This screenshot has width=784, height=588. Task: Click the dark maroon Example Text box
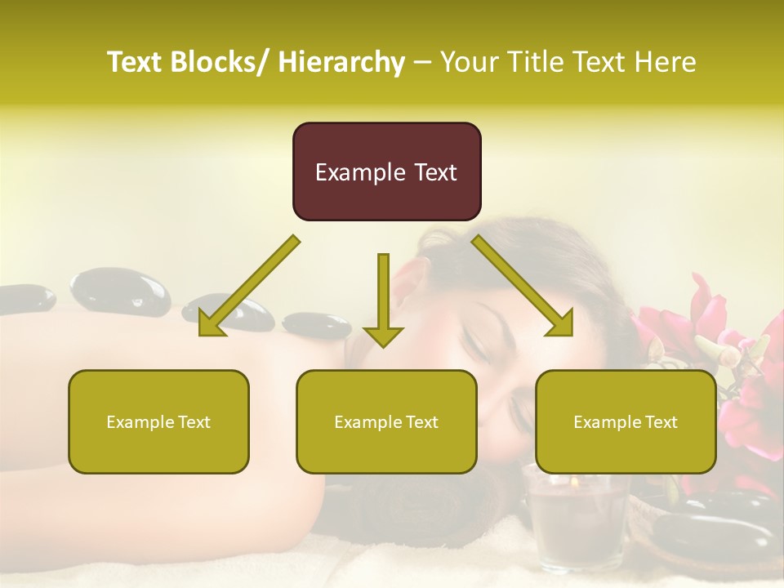tap(386, 171)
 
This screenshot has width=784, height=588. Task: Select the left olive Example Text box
tap(158, 421)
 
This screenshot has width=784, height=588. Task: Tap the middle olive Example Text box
tap(386, 421)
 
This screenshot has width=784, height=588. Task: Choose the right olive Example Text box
tap(626, 421)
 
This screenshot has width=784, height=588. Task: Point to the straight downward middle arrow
tap(383, 302)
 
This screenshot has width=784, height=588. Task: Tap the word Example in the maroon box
tap(348, 172)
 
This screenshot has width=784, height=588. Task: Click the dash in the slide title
tap(422, 62)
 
